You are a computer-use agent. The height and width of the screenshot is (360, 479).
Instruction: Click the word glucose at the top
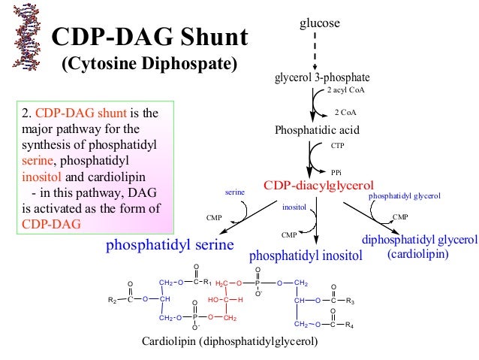320,23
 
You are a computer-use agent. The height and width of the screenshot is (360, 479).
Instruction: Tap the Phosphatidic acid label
318,130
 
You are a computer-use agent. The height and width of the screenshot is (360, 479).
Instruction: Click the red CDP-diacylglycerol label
319,185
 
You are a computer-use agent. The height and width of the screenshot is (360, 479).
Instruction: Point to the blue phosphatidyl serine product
170,245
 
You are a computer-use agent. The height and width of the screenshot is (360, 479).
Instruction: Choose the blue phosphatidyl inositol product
306,256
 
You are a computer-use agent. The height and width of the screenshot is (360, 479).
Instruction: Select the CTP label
337,148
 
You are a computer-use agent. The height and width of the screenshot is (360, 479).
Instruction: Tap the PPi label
336,172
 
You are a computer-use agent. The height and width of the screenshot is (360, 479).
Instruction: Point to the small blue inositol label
294,205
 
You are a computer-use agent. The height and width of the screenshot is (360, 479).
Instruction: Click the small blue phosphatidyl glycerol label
404,195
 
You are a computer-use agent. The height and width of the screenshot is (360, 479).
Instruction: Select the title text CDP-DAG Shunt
149,37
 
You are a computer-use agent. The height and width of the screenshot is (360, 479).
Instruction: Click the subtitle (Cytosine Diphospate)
149,63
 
